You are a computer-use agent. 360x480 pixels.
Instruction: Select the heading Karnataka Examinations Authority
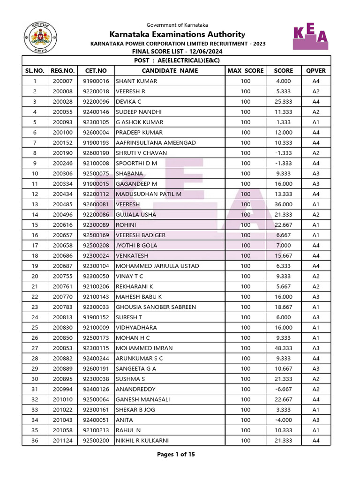[x=177, y=34]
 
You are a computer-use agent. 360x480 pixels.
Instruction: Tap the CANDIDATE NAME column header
[x=170, y=71]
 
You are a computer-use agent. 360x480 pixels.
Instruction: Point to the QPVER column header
[x=315, y=71]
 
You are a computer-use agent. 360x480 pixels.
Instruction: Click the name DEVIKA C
[x=128, y=102]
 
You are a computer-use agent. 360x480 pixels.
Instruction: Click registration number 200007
[x=62, y=81]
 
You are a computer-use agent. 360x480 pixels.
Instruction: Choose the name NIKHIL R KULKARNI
[x=142, y=441]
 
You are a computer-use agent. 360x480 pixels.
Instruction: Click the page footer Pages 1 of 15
[x=176, y=454]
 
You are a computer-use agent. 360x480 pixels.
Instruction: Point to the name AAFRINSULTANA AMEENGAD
[x=156, y=142]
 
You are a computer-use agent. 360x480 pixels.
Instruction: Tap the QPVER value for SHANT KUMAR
[x=315, y=81]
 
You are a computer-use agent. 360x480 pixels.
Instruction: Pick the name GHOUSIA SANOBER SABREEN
[x=156, y=307]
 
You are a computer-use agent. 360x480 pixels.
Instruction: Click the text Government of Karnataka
[x=177, y=25]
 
